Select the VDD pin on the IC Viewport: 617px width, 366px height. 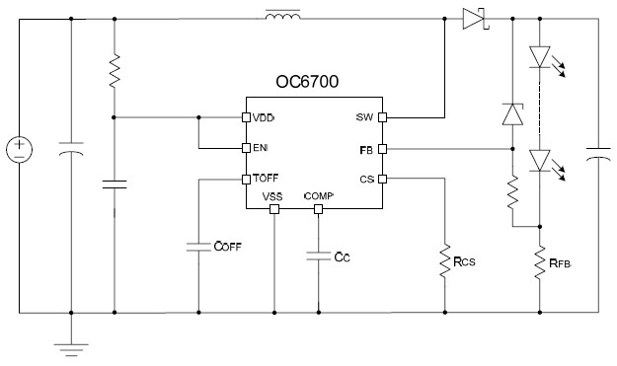click(246, 116)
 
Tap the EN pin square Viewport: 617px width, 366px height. click(246, 148)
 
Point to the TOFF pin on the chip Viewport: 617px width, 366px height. click(246, 180)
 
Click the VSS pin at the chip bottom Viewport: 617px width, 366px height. click(271, 209)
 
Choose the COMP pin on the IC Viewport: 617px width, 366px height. click(319, 209)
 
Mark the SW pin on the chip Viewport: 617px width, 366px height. click(381, 116)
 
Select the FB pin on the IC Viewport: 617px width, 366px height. click(381, 148)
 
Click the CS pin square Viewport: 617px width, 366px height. click(381, 180)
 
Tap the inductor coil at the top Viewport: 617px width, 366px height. click(284, 17)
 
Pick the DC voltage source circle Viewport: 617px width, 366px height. click(19, 150)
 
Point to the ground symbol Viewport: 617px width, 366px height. click(71, 346)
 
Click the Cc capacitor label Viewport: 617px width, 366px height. click(342, 258)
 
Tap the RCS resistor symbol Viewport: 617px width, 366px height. click(444, 261)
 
